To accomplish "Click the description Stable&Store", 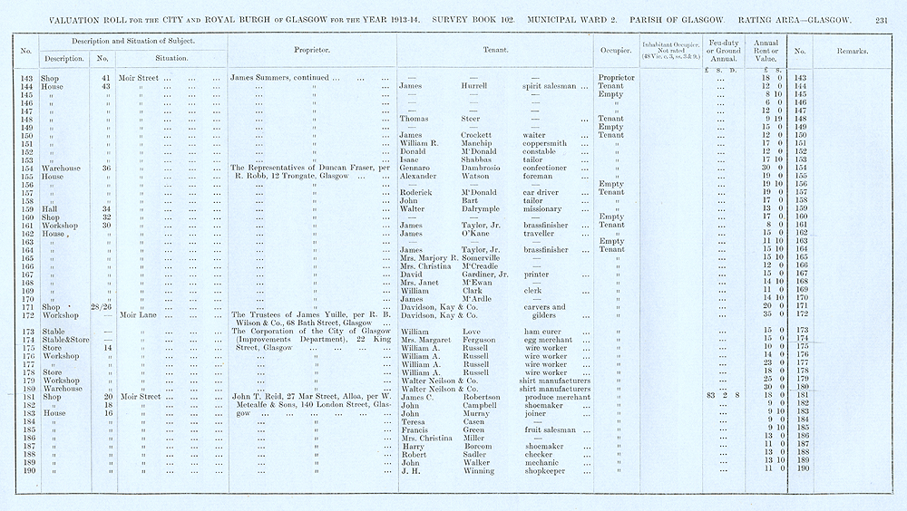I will pos(59,339).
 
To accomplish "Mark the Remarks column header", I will pos(852,51).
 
